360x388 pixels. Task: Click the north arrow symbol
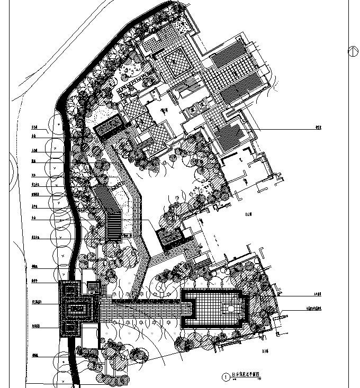click(350, 51)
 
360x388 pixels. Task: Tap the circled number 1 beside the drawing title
click(226, 377)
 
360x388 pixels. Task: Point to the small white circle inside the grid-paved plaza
click(231, 308)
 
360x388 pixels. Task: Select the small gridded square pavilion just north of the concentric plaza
click(94, 288)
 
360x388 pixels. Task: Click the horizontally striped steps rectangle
click(114, 226)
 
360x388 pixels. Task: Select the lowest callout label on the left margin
click(35, 355)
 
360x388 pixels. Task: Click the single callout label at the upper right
click(318, 128)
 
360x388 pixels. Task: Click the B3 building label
click(265, 350)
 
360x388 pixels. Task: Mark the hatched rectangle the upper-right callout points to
click(232, 132)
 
